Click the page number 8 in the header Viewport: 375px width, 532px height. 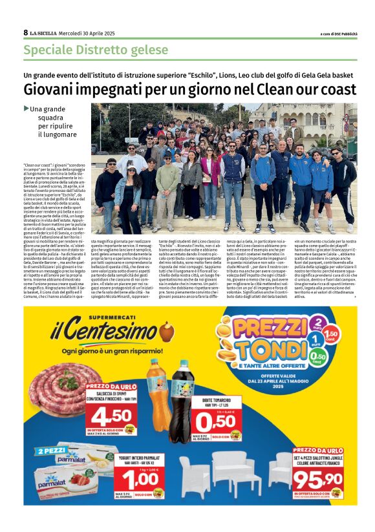26,32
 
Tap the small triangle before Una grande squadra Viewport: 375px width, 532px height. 27,109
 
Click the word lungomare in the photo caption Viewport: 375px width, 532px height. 58,134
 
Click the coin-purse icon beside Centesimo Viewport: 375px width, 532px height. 167,332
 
